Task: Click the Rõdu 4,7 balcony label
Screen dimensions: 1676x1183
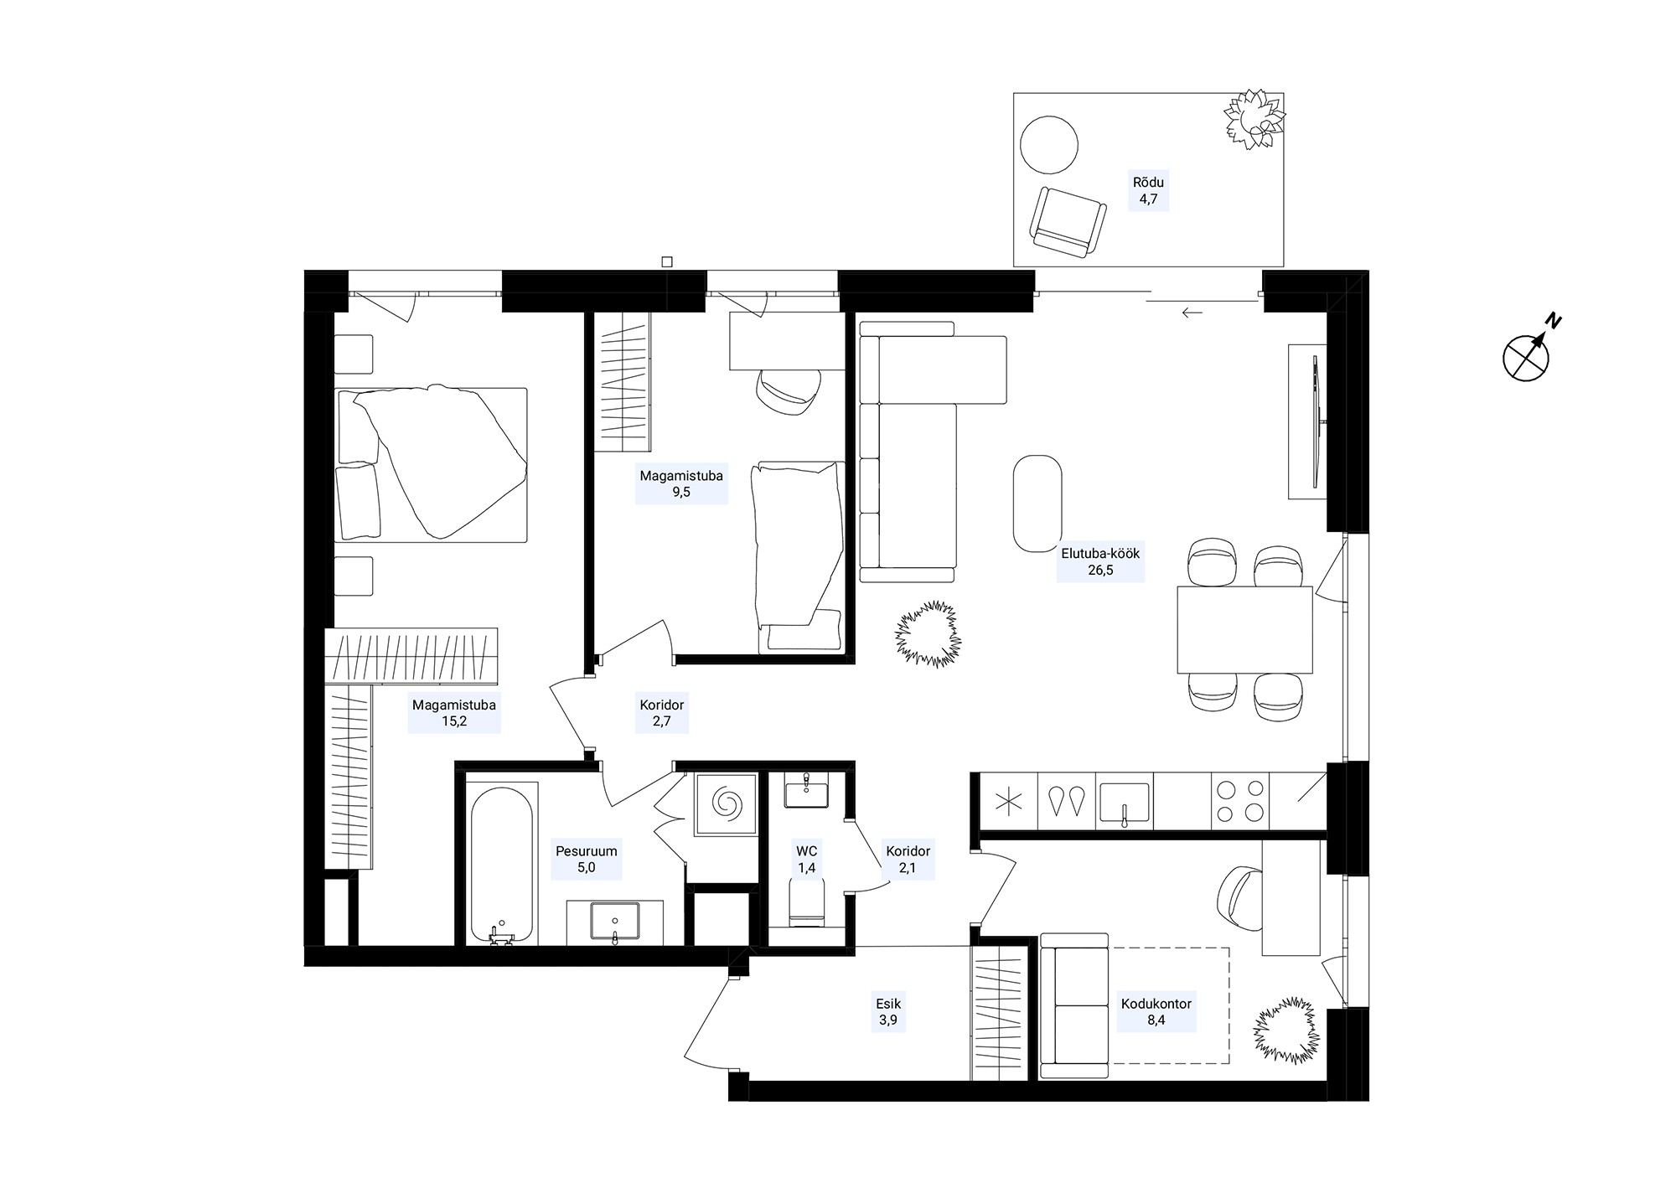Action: pos(1148,191)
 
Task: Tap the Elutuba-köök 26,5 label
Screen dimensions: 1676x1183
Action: pos(1100,562)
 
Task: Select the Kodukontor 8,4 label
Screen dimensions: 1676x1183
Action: pos(1156,1012)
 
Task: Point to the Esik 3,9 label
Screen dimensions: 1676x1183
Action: pos(888,1012)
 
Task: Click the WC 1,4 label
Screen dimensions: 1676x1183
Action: pos(807,860)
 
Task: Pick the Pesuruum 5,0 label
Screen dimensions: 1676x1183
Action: pos(587,860)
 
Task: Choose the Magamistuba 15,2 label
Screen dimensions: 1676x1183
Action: pos(454,713)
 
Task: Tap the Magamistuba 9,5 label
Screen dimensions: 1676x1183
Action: pos(681,484)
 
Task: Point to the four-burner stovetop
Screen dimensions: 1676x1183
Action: pos(1240,801)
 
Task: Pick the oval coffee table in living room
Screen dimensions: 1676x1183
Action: pos(1037,504)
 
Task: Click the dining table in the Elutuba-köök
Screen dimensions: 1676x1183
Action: pos(1244,629)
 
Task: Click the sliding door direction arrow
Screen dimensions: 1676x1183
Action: pos(1192,313)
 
